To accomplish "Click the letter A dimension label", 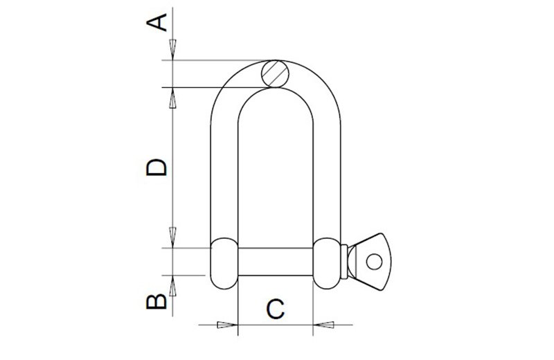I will (159, 23).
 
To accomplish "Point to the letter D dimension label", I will (159, 168).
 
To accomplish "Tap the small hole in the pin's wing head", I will (374, 261).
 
